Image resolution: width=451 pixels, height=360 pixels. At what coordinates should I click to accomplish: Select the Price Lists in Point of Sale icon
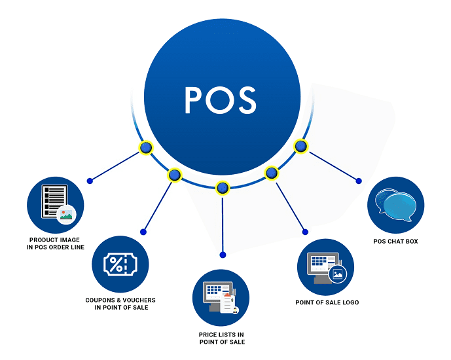pos(221,297)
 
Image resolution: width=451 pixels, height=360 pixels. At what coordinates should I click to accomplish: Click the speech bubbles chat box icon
pos(395,204)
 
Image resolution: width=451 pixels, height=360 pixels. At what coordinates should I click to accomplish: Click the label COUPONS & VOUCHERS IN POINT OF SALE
pos(120,304)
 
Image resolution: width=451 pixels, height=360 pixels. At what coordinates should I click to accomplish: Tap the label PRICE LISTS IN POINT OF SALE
pos(222,338)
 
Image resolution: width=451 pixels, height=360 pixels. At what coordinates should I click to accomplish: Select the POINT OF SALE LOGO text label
pos(327,302)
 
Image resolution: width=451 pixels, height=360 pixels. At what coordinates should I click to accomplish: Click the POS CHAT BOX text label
pos(395,242)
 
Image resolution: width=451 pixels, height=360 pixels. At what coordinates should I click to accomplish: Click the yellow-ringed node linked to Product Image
pos(146,149)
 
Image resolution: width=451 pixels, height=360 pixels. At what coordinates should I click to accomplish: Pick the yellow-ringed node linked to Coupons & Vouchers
pos(174,175)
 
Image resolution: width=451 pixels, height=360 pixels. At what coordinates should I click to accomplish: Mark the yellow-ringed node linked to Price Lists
pos(223,188)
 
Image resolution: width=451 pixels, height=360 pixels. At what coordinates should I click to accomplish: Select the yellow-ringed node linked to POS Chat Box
pos(300,146)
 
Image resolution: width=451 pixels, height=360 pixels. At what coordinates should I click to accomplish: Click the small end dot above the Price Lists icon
pos(223,254)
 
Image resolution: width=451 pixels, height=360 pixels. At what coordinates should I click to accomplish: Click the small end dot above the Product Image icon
pos(90,180)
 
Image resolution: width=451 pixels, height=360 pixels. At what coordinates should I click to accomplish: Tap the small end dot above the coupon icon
pos(143,232)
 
